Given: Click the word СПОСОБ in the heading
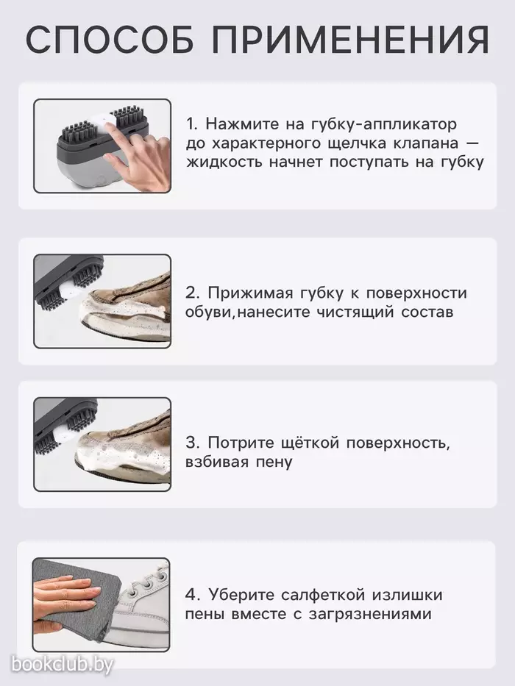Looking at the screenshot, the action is pos(110,40).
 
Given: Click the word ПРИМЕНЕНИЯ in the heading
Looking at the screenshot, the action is pos(350,40).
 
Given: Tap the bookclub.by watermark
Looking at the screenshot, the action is pos(63,665).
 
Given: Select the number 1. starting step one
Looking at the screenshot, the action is pos(193,124).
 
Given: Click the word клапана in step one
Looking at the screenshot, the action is pos(416,143).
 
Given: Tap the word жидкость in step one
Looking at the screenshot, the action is pos(224,162).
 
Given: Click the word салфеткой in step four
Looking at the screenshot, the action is pos(323,595).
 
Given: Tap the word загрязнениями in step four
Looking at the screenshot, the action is pos(371,614).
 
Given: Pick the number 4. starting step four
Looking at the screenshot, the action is pos(193,595).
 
